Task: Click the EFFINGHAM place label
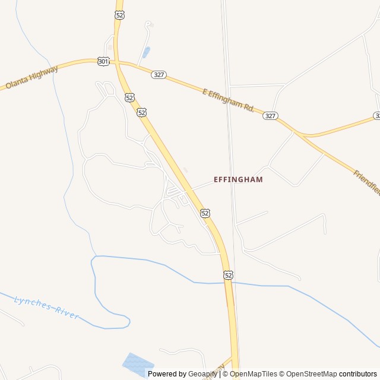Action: click(x=238, y=179)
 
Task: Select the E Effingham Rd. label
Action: click(x=228, y=100)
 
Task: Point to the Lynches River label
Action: click(x=46, y=307)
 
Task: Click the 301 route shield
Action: click(x=103, y=61)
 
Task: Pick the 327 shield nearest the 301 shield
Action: click(x=159, y=75)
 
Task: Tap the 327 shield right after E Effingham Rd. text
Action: click(x=270, y=116)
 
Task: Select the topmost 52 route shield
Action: click(x=121, y=15)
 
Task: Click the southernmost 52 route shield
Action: click(x=229, y=275)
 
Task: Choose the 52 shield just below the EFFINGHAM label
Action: click(x=205, y=213)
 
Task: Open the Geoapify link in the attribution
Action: click(x=203, y=374)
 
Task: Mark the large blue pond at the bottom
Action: click(x=137, y=362)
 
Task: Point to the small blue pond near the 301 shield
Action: click(x=146, y=52)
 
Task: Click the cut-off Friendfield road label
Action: click(x=366, y=182)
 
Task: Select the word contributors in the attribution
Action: click(x=358, y=374)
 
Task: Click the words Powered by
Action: click(x=167, y=374)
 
